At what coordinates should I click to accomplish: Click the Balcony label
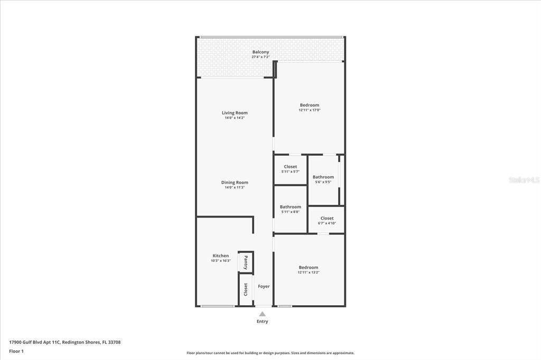coord(260,52)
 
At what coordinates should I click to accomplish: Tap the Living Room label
coord(235,113)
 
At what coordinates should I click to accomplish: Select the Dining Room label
coord(235,183)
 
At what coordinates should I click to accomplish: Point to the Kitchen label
coord(221,256)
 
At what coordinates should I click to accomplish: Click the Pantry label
coord(246,262)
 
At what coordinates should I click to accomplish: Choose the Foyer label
coord(264,287)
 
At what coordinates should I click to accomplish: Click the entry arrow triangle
coord(262,314)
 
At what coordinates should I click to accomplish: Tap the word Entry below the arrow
coord(262,321)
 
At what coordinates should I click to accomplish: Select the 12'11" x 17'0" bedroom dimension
coord(310,110)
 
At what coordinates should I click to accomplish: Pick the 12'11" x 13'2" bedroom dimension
coord(309,272)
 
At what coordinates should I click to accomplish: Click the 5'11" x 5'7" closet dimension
coord(290,172)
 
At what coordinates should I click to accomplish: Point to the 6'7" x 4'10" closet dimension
coord(327,223)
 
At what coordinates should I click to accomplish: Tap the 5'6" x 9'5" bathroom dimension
coord(323,182)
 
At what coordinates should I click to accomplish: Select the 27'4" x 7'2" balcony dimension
coord(260,57)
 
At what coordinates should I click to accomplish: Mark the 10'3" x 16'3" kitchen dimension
coord(221,261)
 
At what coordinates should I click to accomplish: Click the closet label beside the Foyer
coord(246,289)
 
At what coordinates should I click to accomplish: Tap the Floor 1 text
coord(16,351)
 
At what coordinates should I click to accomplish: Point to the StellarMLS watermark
coord(524,180)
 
